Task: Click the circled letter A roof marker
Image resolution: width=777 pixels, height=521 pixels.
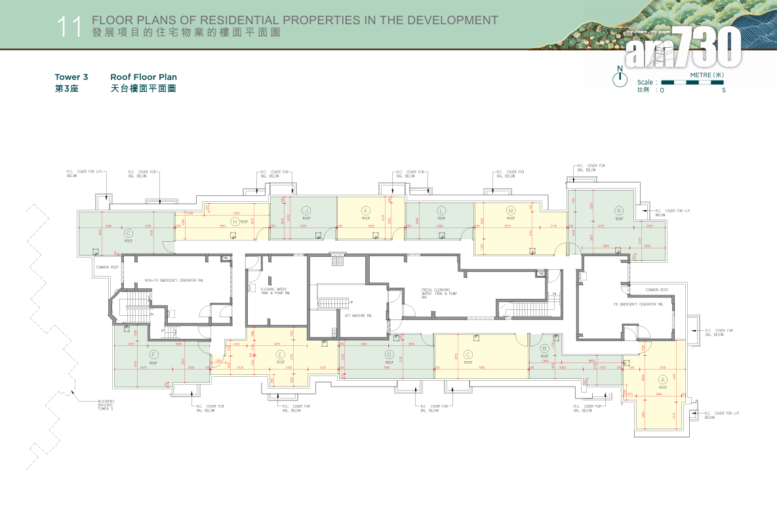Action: pyautogui.click(x=662, y=379)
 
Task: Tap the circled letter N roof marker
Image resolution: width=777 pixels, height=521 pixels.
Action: pyautogui.click(x=618, y=210)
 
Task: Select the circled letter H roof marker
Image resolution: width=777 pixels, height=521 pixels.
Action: pyautogui.click(x=235, y=222)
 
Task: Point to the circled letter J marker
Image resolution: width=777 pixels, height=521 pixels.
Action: pyautogui.click(x=306, y=210)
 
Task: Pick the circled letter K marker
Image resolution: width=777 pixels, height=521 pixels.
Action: pyautogui.click(x=366, y=210)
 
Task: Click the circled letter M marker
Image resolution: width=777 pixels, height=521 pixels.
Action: pyautogui.click(x=511, y=210)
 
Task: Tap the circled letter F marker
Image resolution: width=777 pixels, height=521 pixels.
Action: pyautogui.click(x=153, y=355)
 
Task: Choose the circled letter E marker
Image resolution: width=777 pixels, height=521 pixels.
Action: pyautogui.click(x=281, y=355)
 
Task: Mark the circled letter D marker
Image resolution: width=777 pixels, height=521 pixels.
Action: pyautogui.click(x=389, y=355)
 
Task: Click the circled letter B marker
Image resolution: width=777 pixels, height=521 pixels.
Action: pyautogui.click(x=544, y=349)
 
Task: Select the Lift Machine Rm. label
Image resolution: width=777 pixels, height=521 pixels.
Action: pyautogui.click(x=358, y=315)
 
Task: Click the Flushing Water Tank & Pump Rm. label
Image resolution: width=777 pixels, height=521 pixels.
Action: pyautogui.click(x=275, y=290)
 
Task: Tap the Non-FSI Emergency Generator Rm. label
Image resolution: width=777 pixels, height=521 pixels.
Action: pyautogui.click(x=174, y=280)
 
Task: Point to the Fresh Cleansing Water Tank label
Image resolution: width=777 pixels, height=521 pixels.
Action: pyautogui.click(x=439, y=292)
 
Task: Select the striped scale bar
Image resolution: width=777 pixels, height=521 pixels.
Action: pyautogui.click(x=692, y=83)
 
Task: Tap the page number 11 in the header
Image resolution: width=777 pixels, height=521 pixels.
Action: pyautogui.click(x=69, y=27)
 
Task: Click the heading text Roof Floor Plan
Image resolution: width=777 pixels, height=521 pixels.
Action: pyautogui.click(x=144, y=77)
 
